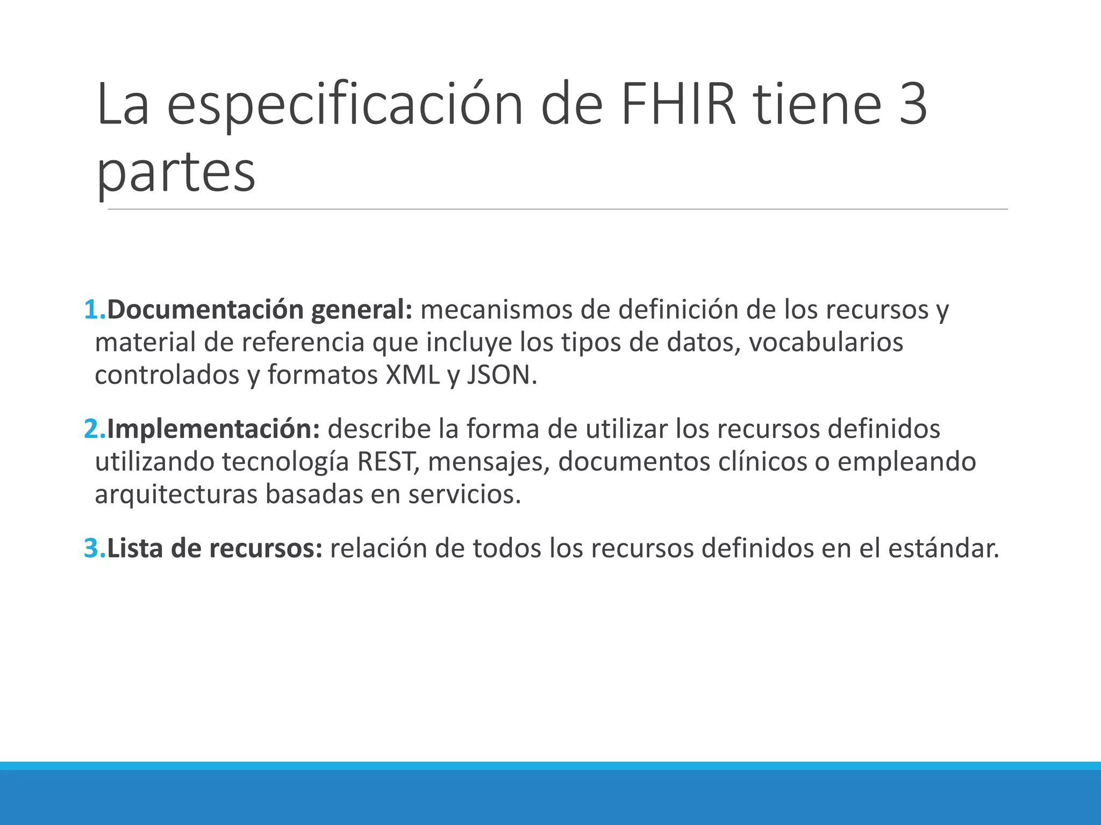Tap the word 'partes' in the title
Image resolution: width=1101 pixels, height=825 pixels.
[176, 172]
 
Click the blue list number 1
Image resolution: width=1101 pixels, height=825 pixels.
[92, 310]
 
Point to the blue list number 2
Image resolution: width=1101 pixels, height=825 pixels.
[92, 429]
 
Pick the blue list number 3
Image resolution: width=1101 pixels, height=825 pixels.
[92, 548]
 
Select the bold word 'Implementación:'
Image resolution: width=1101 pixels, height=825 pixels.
[213, 429]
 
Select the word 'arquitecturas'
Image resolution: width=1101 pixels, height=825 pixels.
[176, 495]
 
